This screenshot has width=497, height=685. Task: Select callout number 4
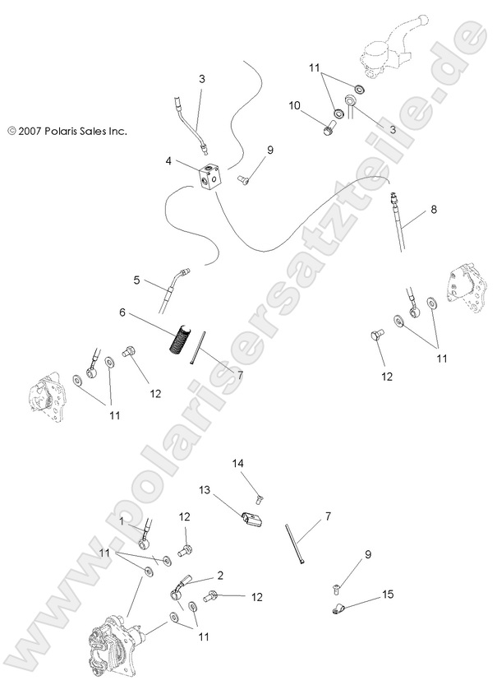click(168, 161)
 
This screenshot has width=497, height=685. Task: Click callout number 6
click(122, 312)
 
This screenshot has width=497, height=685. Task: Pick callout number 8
click(433, 210)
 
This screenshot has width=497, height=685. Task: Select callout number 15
click(387, 594)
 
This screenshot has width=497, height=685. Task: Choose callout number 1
click(122, 521)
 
